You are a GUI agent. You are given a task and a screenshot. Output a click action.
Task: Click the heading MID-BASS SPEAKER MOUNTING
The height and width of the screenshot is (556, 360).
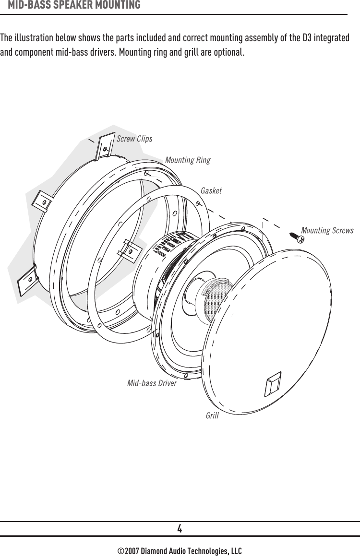pos(74,5)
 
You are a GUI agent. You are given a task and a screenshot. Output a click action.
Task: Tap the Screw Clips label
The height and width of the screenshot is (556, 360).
pos(134,139)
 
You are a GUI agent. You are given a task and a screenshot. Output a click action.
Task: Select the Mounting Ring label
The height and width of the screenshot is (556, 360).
pos(187,160)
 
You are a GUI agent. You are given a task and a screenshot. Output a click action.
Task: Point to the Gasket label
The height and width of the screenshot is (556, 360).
pos(211,191)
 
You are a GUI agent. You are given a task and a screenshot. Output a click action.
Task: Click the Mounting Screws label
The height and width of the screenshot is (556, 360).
pos(327,231)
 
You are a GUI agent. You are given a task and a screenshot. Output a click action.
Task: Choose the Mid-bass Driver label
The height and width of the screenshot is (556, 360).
pos(152,383)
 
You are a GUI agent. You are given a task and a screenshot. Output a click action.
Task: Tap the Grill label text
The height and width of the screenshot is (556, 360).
pos(212,415)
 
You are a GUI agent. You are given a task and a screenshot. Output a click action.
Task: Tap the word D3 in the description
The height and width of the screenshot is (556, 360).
pos(308,37)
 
